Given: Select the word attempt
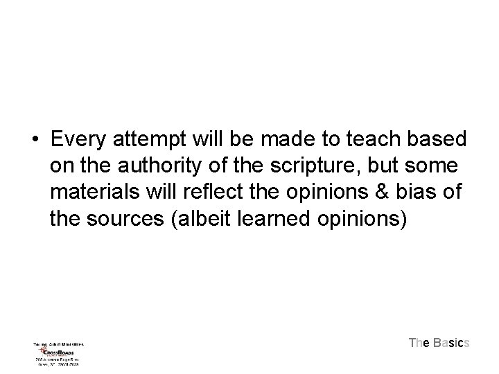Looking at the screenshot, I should pyautogui.click(x=156, y=139).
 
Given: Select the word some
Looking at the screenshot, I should pyautogui.click(x=434, y=167).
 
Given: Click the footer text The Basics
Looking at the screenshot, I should pyautogui.click(x=439, y=343).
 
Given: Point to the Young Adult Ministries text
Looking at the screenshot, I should pyautogui.click(x=58, y=343).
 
